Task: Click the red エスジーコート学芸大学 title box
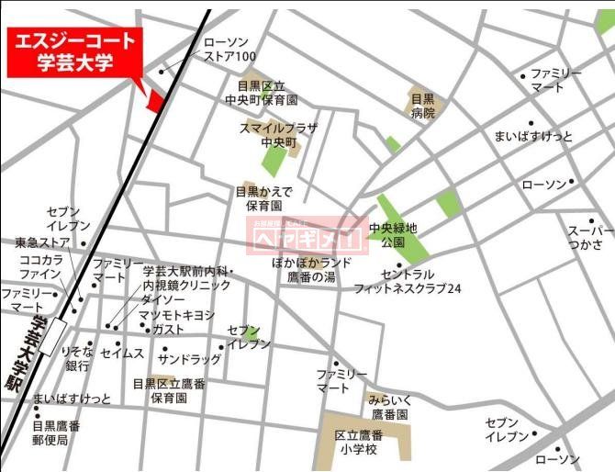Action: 74,52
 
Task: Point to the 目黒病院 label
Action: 422,107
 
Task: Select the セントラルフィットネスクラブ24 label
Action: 408,281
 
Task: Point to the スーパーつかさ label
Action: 590,237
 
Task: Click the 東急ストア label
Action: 42,243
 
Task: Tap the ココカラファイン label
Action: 40,267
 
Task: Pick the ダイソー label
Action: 163,299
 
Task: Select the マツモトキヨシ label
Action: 176,315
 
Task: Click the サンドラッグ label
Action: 190,359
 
